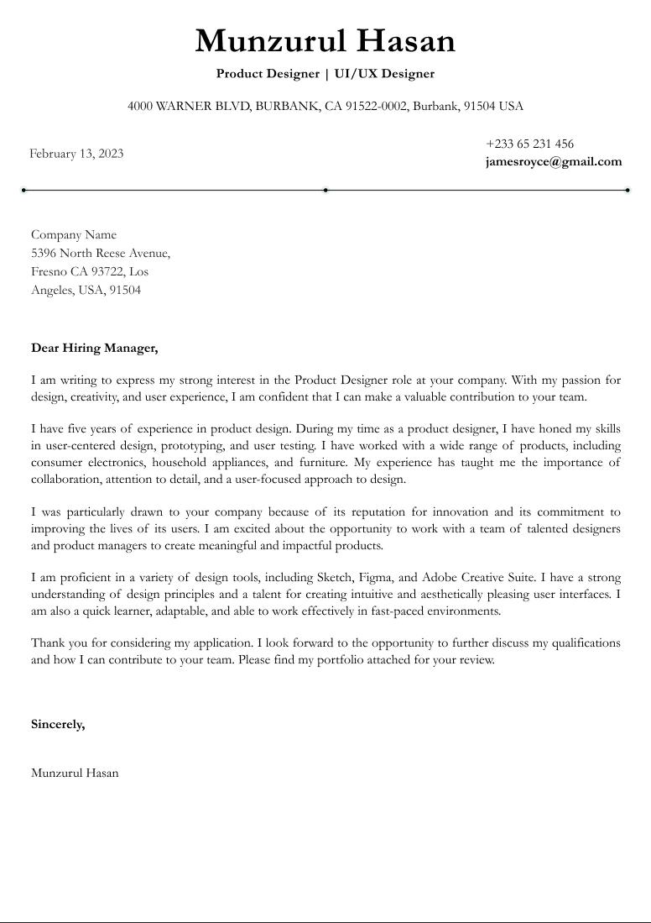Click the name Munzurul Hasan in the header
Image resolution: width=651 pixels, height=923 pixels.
pyautogui.click(x=325, y=41)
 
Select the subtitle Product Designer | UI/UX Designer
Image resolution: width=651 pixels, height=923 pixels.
pyautogui.click(x=325, y=74)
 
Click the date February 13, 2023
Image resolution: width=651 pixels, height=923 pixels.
pyautogui.click(x=76, y=153)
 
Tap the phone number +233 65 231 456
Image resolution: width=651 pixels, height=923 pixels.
pyautogui.click(x=529, y=144)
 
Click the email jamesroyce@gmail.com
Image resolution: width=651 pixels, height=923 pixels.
pyautogui.click(x=554, y=161)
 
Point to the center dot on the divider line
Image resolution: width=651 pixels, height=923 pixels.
pyautogui.click(x=325, y=190)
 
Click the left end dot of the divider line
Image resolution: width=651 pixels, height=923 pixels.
pyautogui.click(x=23, y=190)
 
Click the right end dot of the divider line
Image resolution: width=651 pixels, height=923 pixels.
pyautogui.click(x=628, y=190)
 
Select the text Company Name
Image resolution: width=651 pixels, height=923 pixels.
pyautogui.click(x=74, y=234)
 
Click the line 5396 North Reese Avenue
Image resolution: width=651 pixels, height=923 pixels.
pyautogui.click(x=101, y=253)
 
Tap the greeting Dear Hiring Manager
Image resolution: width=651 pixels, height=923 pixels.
pyautogui.click(x=94, y=348)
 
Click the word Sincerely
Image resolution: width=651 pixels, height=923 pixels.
pyautogui.click(x=58, y=724)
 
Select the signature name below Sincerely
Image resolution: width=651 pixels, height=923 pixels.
pyautogui.click(x=75, y=773)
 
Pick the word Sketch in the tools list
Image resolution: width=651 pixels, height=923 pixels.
pyautogui.click(x=334, y=578)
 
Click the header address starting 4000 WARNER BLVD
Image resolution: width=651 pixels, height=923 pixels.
pyautogui.click(x=325, y=106)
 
